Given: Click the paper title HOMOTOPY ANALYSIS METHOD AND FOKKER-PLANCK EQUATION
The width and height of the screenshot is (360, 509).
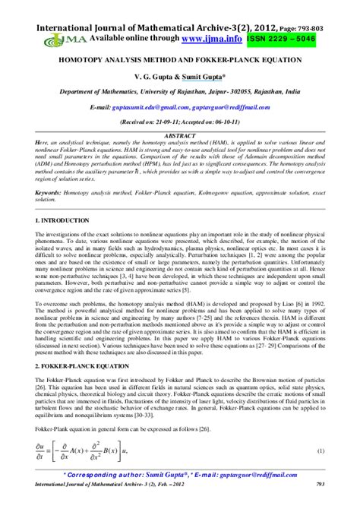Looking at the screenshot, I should pyautogui.click(x=179, y=58).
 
